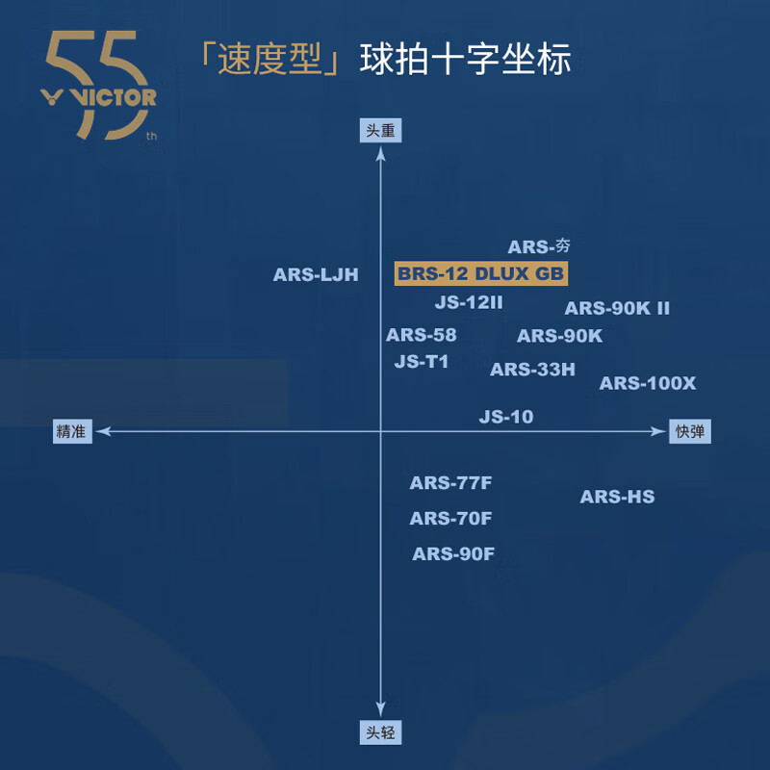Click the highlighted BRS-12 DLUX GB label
point(480,274)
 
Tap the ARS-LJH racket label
point(316,275)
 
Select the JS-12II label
point(469,302)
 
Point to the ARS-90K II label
point(617,309)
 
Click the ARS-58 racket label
point(421,336)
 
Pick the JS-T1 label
point(422,363)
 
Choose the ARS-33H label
point(532,370)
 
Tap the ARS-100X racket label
point(647,384)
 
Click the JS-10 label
point(506,418)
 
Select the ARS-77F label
point(450,484)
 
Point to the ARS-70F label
point(450,519)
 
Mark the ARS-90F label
point(453,554)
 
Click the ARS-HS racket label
point(617,498)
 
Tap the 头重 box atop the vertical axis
point(381,131)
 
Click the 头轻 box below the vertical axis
point(381,732)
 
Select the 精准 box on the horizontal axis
point(72,432)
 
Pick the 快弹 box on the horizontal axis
point(690,432)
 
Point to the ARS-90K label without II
point(559,337)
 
